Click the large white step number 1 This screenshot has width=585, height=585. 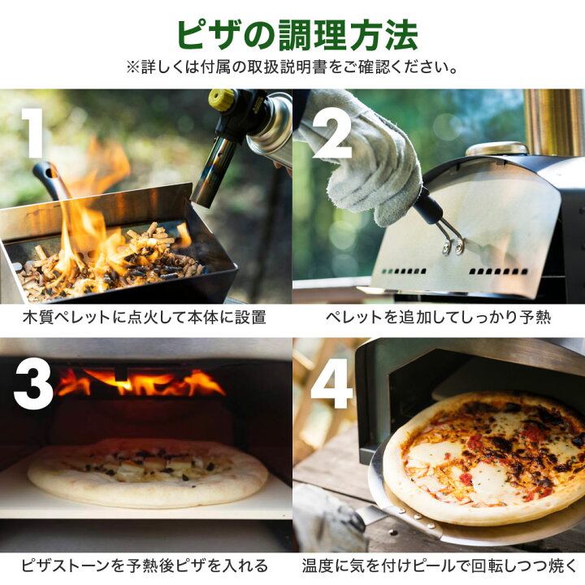32,132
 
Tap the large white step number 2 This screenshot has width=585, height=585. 331,134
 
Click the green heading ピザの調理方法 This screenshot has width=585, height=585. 297,36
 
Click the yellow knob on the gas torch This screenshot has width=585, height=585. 221,100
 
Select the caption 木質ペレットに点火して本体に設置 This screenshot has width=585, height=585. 144,318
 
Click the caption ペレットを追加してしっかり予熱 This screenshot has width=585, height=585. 439,318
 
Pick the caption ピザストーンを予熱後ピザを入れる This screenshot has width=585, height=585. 145,565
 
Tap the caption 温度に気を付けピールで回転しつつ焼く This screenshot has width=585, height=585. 440,565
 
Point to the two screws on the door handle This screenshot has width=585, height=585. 453,247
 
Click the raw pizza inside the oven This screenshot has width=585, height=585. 148,472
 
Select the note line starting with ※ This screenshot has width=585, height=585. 292,67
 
